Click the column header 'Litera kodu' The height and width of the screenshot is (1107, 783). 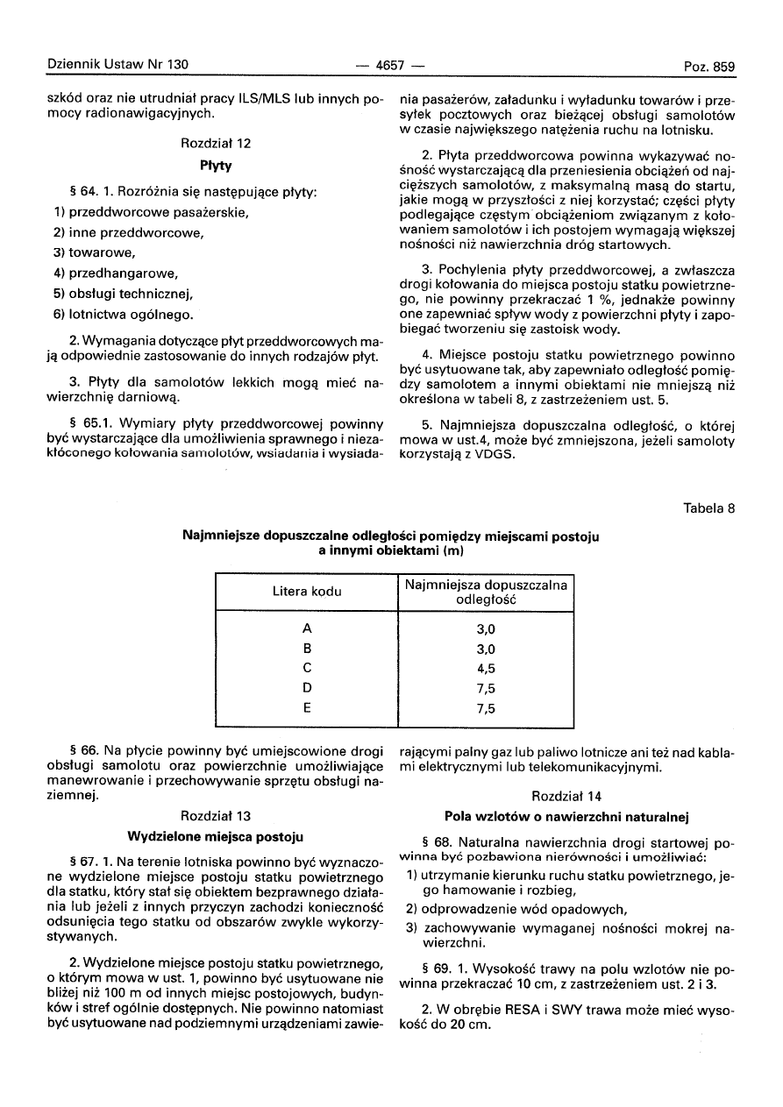pos(307,592)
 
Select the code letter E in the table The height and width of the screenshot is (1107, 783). pos(307,709)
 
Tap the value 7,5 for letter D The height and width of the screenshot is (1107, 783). pos(486,690)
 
